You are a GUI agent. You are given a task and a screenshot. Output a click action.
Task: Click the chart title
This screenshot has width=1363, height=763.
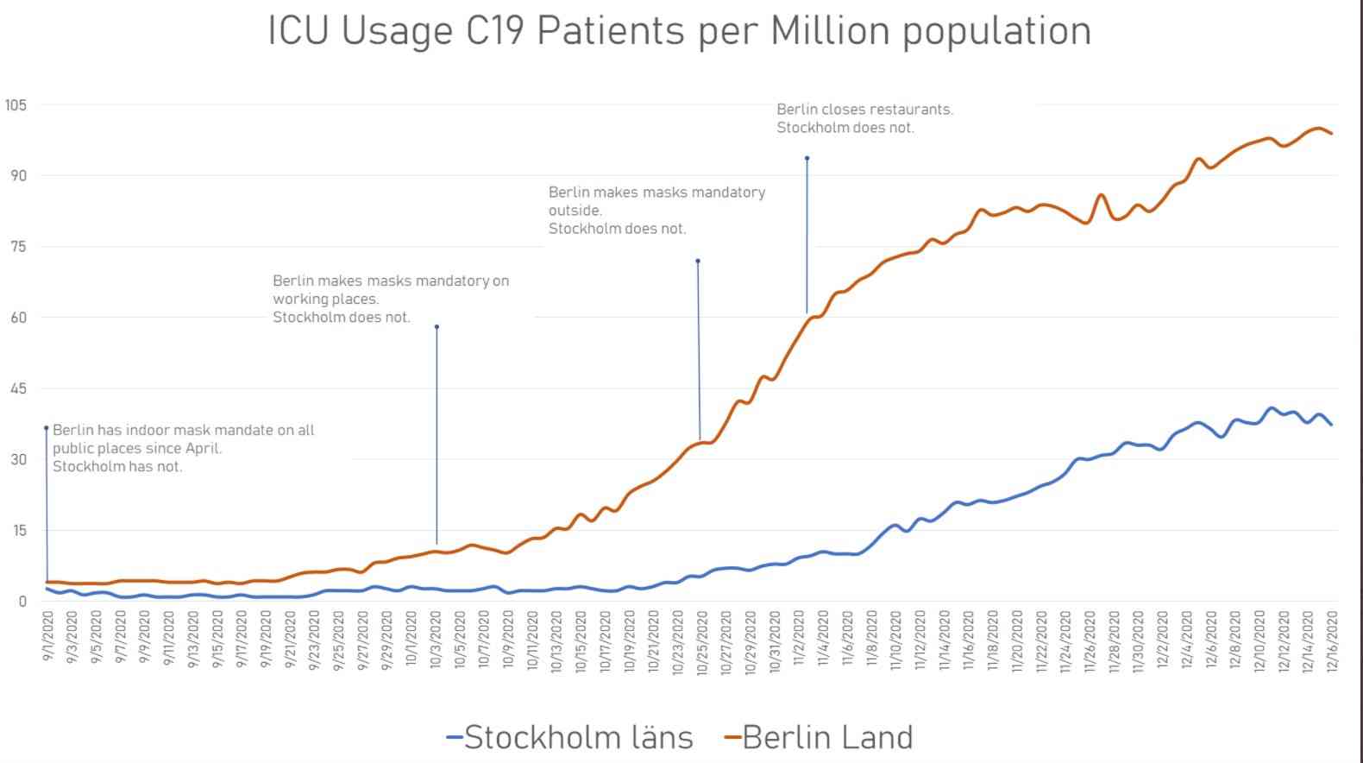[x=680, y=31]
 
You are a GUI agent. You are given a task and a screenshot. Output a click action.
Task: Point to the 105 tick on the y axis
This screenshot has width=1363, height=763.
[x=16, y=105]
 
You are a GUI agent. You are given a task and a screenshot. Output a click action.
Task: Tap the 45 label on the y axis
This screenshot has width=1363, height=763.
[x=18, y=388]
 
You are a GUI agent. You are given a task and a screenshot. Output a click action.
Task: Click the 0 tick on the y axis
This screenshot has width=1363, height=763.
[x=22, y=602]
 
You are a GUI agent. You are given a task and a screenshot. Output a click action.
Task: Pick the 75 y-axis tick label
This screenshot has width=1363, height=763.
[x=18, y=247]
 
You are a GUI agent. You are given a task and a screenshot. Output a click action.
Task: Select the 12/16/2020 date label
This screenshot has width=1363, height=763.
[x=1332, y=640]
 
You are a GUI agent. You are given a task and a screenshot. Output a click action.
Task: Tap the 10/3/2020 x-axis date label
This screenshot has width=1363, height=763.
[x=436, y=640]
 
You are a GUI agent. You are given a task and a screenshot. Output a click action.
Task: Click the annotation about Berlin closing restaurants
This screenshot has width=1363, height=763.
[x=864, y=118]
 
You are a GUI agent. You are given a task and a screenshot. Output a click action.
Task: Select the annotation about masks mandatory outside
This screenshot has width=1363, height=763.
[x=656, y=210]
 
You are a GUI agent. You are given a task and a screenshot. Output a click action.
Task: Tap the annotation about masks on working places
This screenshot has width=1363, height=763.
[x=391, y=299]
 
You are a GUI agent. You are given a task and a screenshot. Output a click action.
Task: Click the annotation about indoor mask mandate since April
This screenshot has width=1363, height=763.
[x=183, y=448]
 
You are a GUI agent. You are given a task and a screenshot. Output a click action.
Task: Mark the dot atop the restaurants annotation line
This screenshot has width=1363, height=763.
[x=807, y=158]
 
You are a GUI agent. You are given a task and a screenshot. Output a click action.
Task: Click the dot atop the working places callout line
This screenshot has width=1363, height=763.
[x=437, y=326]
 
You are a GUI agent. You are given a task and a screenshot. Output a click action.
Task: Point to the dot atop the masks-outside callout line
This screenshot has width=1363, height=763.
[x=697, y=261]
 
